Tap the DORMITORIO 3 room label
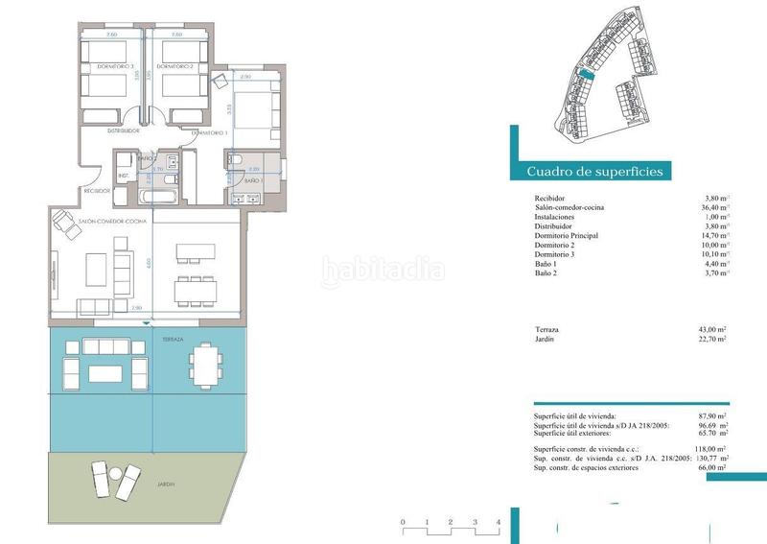point(104,66)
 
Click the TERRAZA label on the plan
point(173,340)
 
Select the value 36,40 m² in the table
point(715,208)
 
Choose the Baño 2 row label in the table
point(548,273)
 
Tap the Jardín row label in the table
point(547,339)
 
